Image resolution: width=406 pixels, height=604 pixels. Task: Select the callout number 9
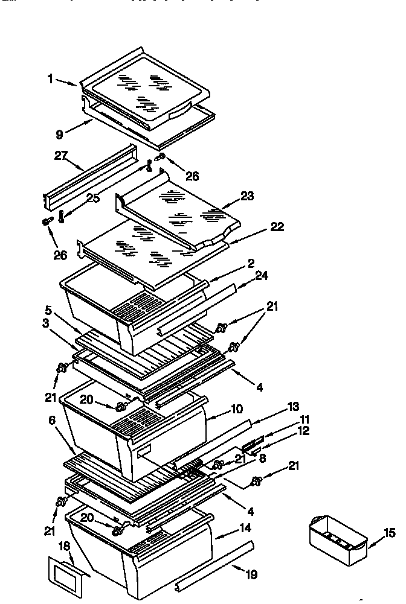59,135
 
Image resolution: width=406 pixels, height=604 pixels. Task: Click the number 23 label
246,196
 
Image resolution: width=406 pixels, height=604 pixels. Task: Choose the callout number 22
277,227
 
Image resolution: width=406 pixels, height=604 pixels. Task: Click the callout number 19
251,576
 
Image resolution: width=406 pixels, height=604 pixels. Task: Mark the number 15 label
389,533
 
